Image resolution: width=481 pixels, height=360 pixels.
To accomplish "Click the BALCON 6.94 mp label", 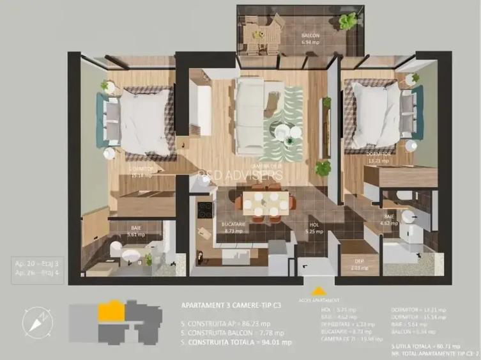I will point(311,39).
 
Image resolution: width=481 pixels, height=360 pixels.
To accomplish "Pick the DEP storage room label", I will point(360,265).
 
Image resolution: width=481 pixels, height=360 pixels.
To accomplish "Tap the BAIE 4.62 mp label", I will point(390,221).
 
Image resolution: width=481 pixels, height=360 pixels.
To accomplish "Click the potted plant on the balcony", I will point(348,22).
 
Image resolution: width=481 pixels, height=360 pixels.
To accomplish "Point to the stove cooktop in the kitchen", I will point(206,210).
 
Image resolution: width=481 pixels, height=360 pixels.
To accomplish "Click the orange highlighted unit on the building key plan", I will point(111,312).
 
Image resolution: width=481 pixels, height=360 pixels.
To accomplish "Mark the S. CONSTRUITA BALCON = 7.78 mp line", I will point(233,333).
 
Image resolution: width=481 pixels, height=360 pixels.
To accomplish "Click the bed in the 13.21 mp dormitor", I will point(377,115).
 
